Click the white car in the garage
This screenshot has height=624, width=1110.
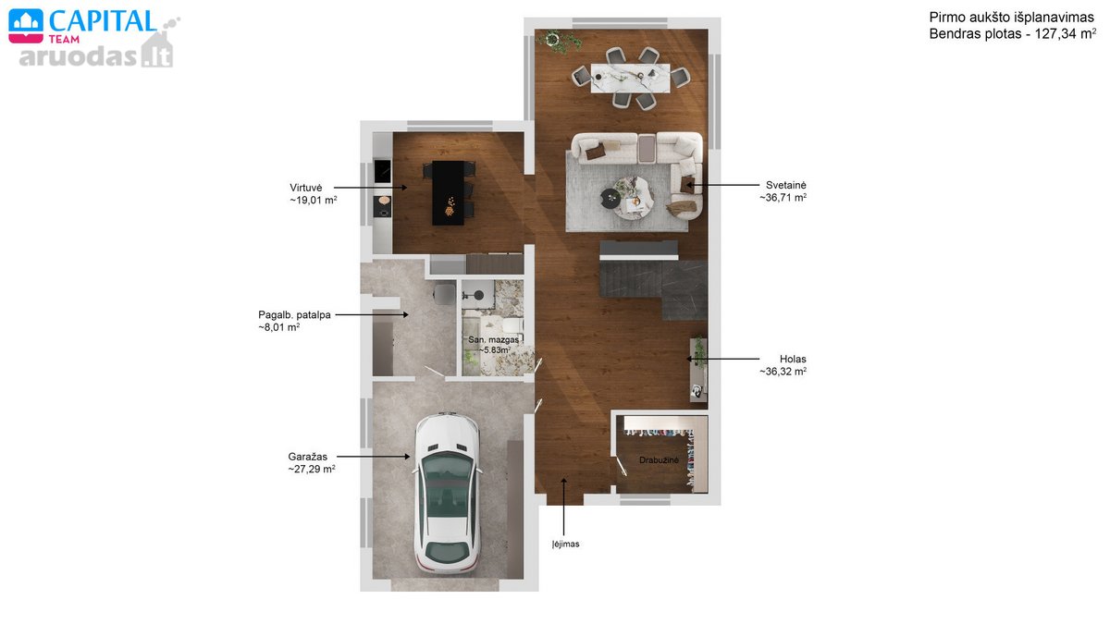pyautogui.click(x=447, y=493)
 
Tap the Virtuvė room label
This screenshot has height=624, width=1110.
pyautogui.click(x=306, y=188)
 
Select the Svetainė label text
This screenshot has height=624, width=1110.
pyautogui.click(x=786, y=185)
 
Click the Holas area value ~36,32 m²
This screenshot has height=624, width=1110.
pyautogui.click(x=783, y=372)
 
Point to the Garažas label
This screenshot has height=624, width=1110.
pyautogui.click(x=308, y=457)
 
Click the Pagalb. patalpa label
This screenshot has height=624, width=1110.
pyautogui.click(x=294, y=315)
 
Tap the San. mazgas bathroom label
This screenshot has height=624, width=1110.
pyautogui.click(x=494, y=340)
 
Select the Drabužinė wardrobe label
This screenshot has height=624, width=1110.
pyautogui.click(x=659, y=460)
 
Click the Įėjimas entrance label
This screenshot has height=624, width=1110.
pyautogui.click(x=565, y=544)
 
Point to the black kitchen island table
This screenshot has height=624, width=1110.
pyautogui.click(x=449, y=192)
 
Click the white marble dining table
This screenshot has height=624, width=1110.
pyautogui.click(x=630, y=78)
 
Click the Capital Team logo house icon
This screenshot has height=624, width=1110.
pyautogui.click(x=26, y=26)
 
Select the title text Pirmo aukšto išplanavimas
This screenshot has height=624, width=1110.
pyautogui.click(x=1011, y=18)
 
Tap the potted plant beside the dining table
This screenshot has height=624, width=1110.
pyautogui.click(x=561, y=41)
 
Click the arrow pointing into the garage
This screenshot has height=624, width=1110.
pyautogui.click(x=373, y=457)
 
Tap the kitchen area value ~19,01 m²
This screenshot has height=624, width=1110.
pyautogui.click(x=314, y=200)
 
